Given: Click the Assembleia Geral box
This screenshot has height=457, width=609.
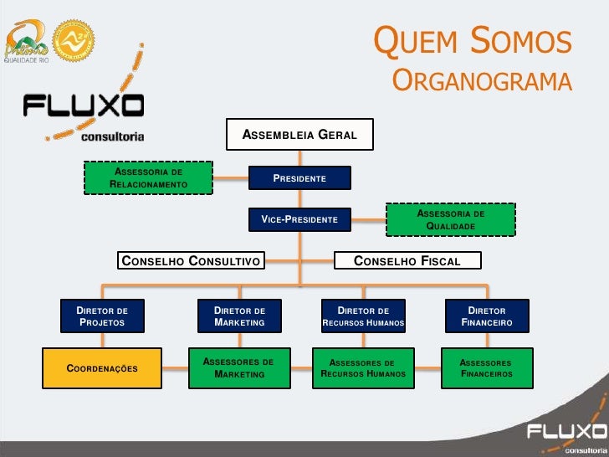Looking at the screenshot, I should [x=299, y=135].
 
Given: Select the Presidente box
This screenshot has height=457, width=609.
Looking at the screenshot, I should [x=299, y=178].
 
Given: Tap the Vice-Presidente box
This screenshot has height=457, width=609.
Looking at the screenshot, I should [x=299, y=219].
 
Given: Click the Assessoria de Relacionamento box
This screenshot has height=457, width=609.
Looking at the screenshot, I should [x=149, y=178].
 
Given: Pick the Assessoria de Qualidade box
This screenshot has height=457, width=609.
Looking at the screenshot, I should [x=451, y=219].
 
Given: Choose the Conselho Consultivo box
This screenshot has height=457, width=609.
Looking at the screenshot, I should [x=190, y=261].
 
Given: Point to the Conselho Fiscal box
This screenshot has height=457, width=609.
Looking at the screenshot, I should [x=407, y=261].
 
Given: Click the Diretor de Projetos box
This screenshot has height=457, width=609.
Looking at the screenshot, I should [x=101, y=316].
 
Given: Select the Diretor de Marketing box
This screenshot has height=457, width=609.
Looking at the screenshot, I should [x=239, y=316].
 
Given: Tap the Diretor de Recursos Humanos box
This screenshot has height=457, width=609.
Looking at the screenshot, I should [x=363, y=316].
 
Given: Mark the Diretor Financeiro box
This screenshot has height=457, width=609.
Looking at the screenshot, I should [x=486, y=316].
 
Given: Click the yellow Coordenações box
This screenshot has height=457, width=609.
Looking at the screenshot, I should [x=101, y=368].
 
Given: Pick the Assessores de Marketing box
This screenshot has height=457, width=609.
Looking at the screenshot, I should [x=239, y=368].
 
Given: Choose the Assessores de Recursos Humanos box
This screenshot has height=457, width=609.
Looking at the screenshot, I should [x=363, y=368].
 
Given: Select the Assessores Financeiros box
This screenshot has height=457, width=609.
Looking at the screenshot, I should [x=486, y=368].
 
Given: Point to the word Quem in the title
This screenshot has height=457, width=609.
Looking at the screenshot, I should [x=413, y=42].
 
